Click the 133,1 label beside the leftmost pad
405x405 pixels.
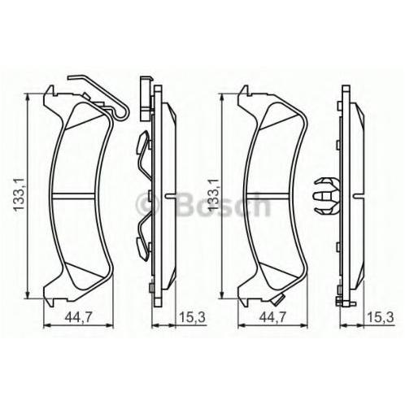pyautogui.click(x=20, y=194)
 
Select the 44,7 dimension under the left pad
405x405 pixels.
pyautogui.click(x=79, y=316)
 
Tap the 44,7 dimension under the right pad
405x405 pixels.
pyautogui.click(x=273, y=316)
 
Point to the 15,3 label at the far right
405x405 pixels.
pyautogui.click(x=380, y=316)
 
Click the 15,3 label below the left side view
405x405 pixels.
pyautogui.click(x=192, y=316)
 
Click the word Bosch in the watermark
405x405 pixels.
pyautogui.click(x=223, y=204)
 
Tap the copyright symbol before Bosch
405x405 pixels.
pyautogui.click(x=147, y=205)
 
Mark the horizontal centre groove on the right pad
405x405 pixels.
pyautogui.click(x=268, y=195)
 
